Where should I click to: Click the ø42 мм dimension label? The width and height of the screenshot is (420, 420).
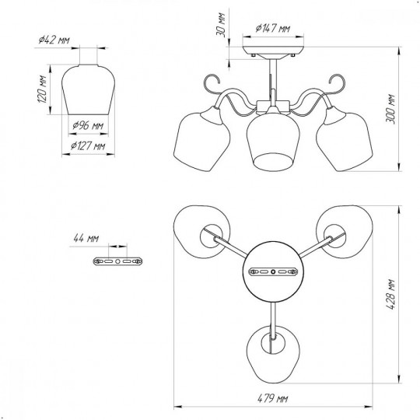[54, 40]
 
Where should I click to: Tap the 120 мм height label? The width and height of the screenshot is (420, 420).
[42, 89]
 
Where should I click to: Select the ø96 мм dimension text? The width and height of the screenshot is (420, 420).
[88, 125]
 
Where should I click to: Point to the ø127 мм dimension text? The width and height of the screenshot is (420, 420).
[88, 146]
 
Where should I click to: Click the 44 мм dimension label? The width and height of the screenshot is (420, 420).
[86, 238]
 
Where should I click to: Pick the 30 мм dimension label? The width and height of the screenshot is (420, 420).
[221, 25]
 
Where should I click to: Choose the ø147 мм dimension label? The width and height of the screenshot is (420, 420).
[273, 28]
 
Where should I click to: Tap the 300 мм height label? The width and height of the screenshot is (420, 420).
[390, 109]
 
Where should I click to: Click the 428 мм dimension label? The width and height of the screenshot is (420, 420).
[391, 294]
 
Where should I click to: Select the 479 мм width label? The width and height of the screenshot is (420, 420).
[273, 399]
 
